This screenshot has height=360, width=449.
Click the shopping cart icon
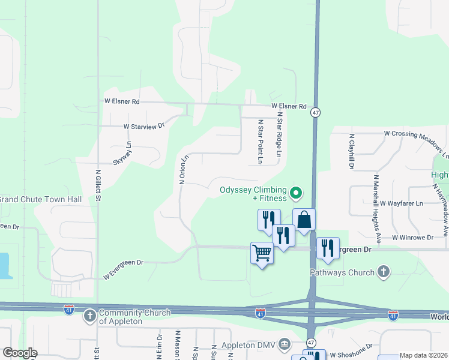pyautogui.click(x=262, y=253)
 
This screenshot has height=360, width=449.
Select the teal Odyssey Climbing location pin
pyautogui.click(x=295, y=193)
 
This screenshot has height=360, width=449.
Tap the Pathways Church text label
pyautogui.click(x=342, y=272)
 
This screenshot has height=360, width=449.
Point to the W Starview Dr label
pyautogui.click(x=143, y=127)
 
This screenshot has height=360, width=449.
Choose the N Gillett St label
pyautogui.click(x=97, y=187)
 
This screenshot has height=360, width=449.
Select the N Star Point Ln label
pyautogui.click(x=261, y=142)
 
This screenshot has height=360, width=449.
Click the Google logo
pyautogui.click(x=20, y=353)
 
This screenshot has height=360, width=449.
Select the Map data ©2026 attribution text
pyautogui.click(x=423, y=356)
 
